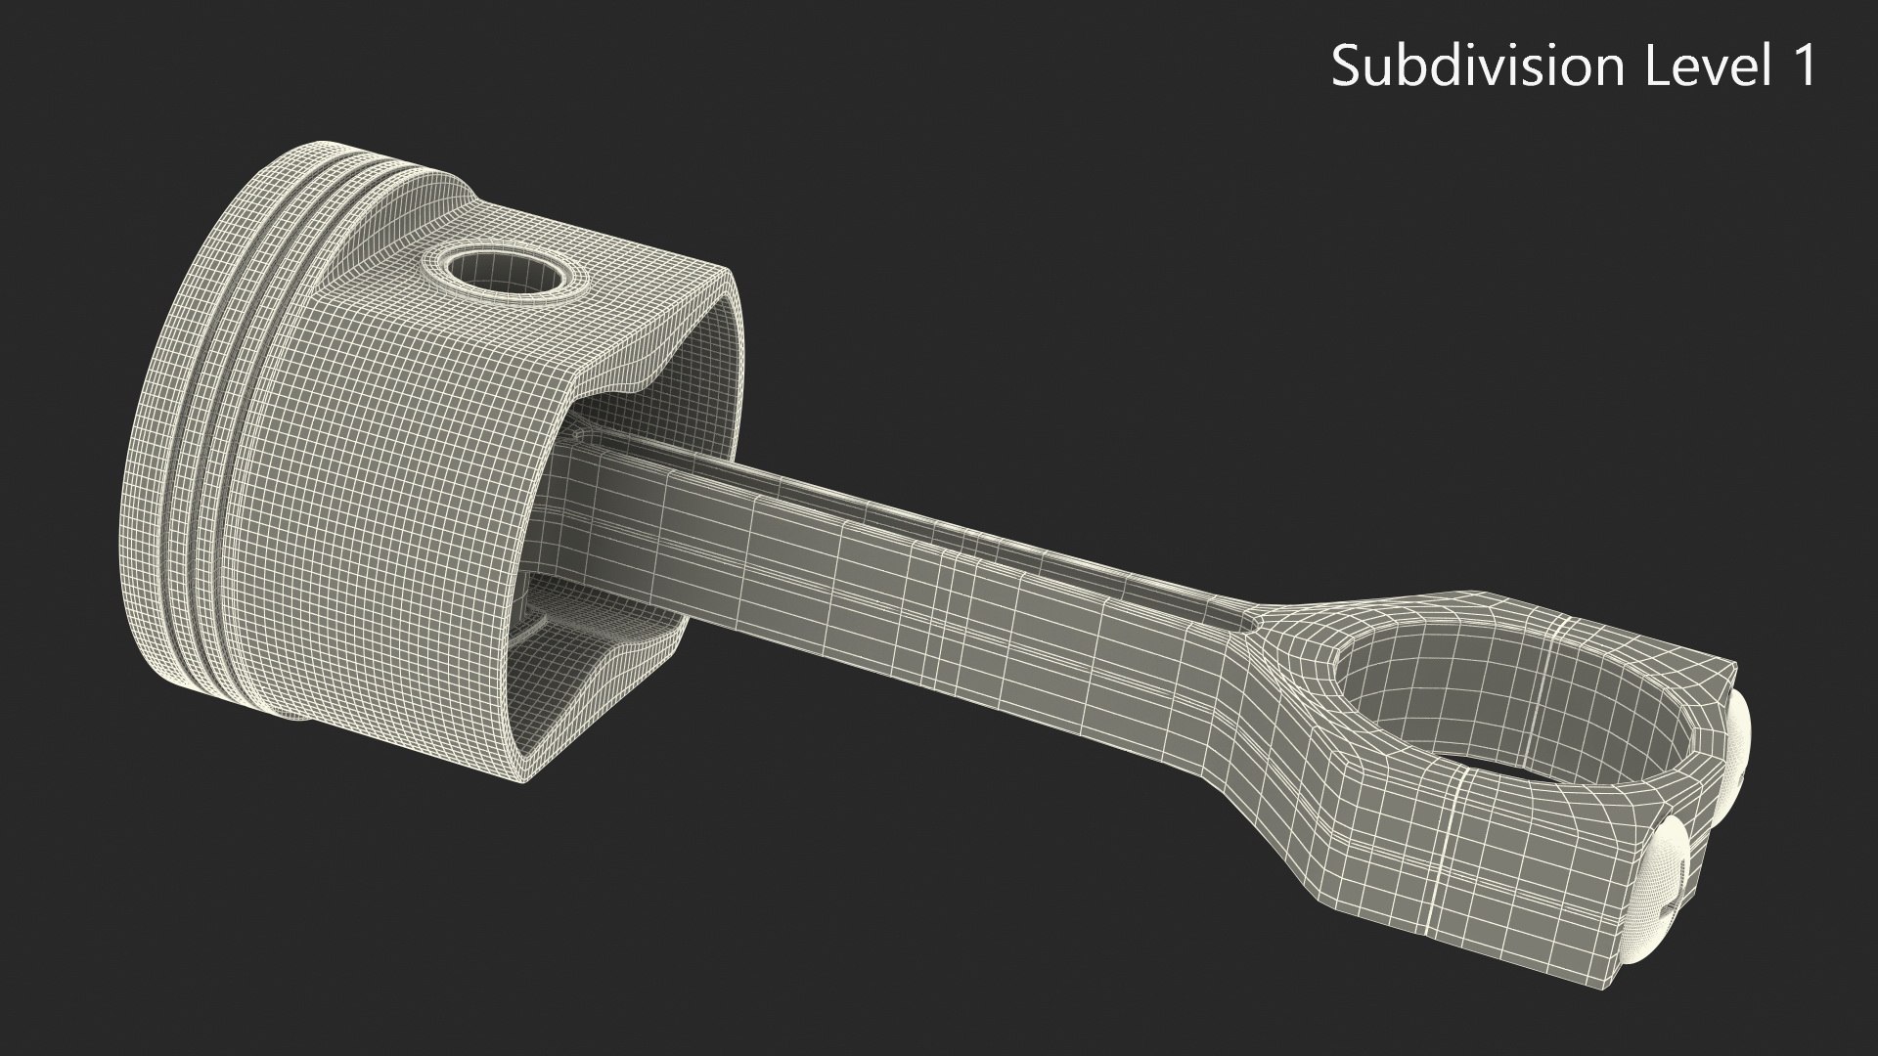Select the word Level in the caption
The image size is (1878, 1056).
click(x=1695, y=66)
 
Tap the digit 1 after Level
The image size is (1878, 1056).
click(x=1802, y=66)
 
